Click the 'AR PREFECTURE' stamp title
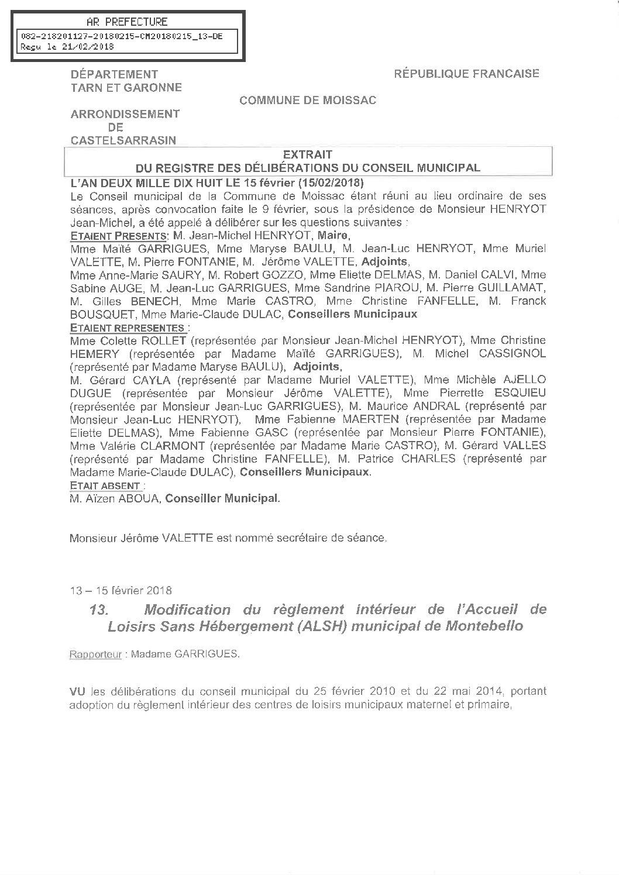[126, 22]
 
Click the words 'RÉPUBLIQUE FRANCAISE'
[466, 74]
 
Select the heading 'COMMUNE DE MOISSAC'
[308, 101]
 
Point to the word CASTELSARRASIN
[123, 140]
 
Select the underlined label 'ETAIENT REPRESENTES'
[128, 328]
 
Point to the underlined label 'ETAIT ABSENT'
[105, 485]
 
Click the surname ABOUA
[139, 498]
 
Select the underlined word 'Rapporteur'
[95, 654]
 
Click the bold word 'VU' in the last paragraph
[78, 691]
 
